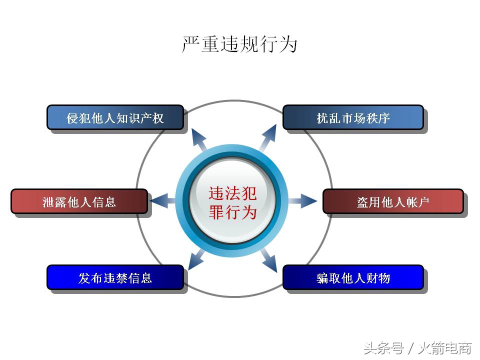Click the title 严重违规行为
click(x=239, y=44)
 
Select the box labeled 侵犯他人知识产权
click(x=115, y=118)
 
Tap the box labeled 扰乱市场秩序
click(x=353, y=118)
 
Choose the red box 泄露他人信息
click(x=79, y=201)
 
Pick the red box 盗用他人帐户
click(x=393, y=202)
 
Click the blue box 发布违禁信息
click(x=115, y=278)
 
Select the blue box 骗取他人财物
click(x=353, y=278)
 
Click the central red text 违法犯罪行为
click(x=232, y=202)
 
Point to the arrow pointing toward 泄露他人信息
click(x=161, y=201)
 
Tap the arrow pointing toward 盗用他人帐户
click(x=304, y=201)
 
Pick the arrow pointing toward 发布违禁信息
click(x=196, y=260)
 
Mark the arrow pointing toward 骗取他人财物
click(x=268, y=261)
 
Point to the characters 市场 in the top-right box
click(x=353, y=118)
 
